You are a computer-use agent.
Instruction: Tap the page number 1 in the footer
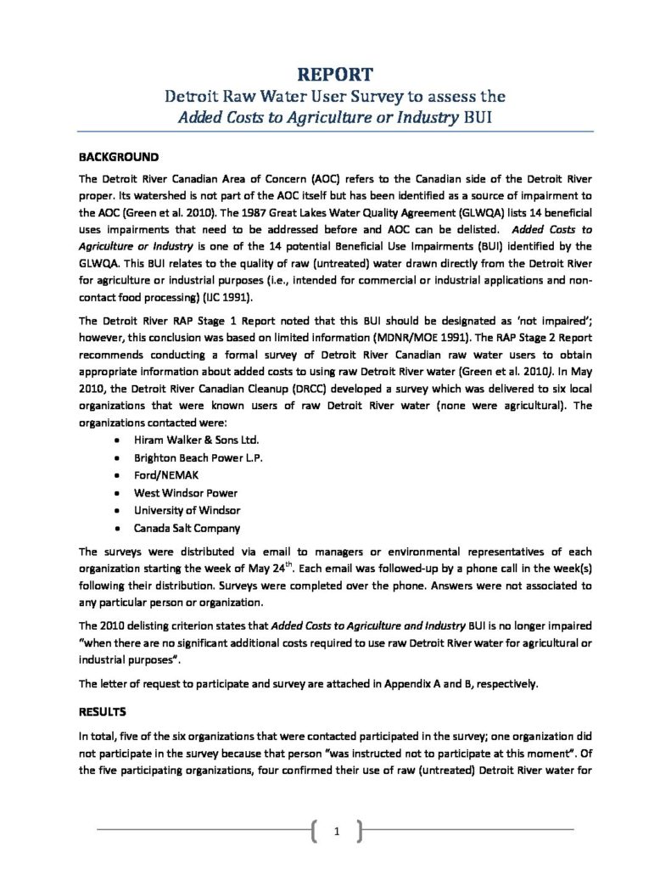(337, 832)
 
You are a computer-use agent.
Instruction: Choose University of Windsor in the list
(187, 511)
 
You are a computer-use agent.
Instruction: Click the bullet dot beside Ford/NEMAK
(116, 475)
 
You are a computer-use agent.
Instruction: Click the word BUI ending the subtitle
(474, 117)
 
